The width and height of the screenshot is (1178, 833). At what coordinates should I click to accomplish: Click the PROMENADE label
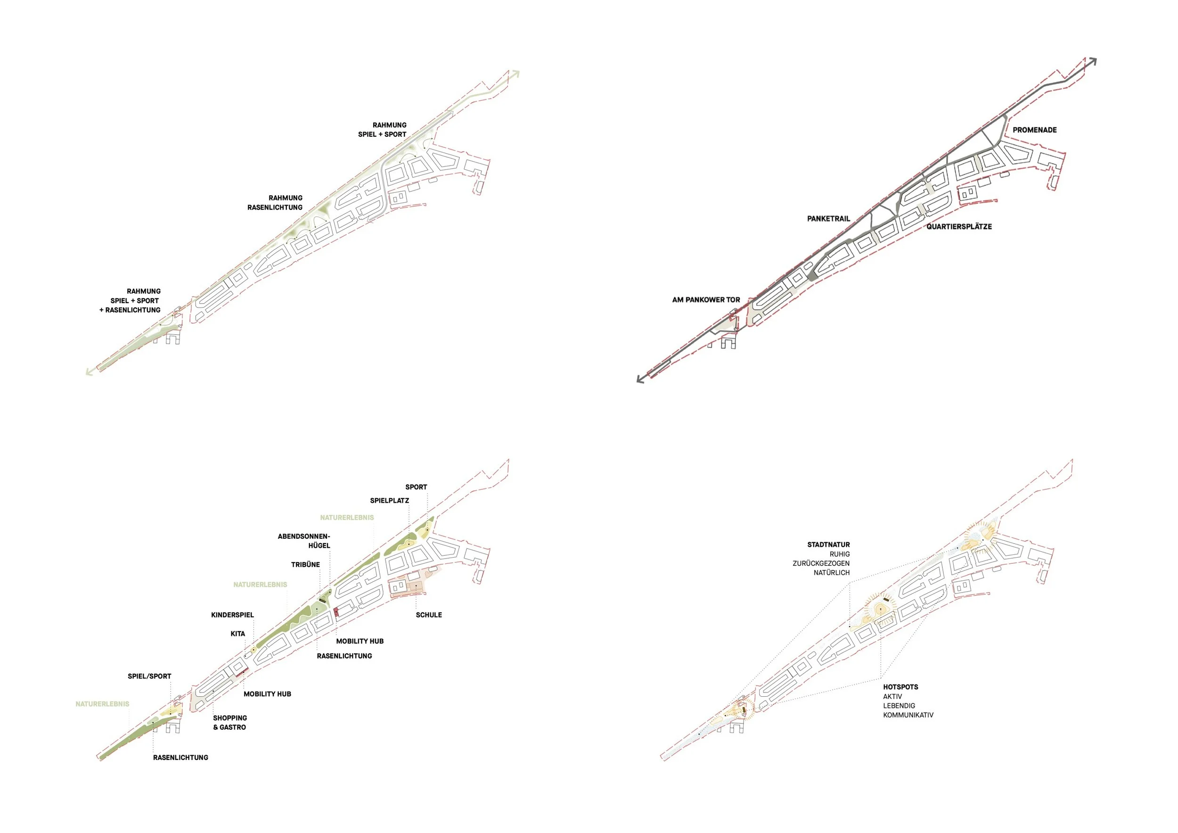point(1034,130)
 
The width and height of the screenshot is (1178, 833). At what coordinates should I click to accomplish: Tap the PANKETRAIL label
point(828,219)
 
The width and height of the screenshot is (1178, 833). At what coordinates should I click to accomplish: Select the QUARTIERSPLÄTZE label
point(958,226)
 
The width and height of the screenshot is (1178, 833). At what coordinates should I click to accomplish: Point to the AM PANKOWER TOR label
point(706,300)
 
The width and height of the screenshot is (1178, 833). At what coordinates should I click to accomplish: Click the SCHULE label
point(428,615)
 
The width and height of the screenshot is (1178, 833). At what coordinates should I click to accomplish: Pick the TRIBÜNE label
point(305,565)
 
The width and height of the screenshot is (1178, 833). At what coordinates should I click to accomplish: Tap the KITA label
point(237,634)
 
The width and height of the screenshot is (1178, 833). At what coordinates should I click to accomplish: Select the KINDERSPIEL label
point(232,615)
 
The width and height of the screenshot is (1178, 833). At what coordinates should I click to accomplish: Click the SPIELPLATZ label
point(389,501)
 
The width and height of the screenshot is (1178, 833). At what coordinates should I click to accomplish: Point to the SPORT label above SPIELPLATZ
point(416,487)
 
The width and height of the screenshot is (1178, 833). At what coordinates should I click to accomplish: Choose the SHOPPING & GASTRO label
point(230,723)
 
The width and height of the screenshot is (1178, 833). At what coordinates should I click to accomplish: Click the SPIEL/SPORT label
point(149,676)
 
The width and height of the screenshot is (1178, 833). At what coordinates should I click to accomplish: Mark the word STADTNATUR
point(828,544)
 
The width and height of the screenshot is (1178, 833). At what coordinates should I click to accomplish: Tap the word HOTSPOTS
point(900,687)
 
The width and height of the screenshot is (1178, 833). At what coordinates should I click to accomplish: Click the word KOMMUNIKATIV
point(908,715)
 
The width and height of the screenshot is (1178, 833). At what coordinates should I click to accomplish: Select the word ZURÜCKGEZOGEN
point(821,563)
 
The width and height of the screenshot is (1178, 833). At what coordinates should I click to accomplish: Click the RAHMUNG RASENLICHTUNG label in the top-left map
point(276,203)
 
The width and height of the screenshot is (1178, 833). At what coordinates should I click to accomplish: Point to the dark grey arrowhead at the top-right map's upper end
point(1093,62)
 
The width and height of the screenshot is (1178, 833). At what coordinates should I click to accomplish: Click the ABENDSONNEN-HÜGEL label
point(304,541)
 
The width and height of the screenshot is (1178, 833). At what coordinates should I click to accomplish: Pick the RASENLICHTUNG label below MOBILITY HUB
point(344,656)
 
